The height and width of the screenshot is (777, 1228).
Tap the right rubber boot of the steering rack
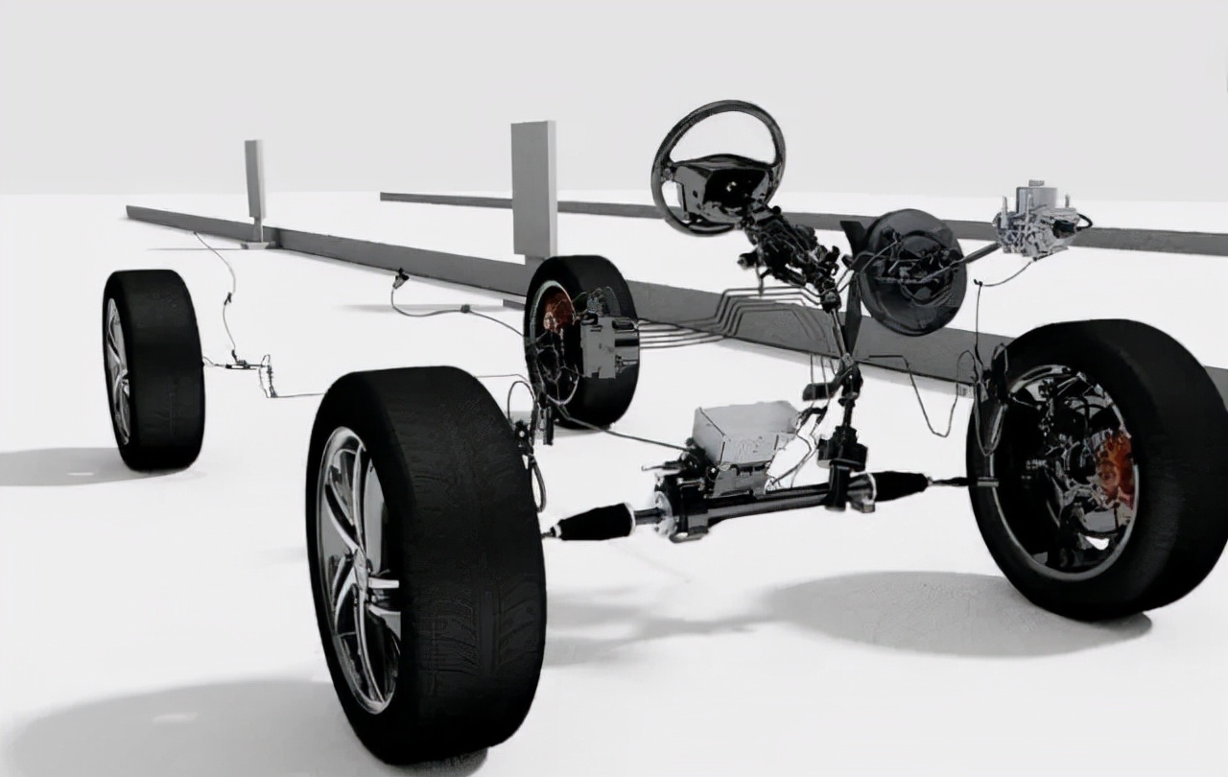897,485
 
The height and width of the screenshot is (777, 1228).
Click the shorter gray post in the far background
255,182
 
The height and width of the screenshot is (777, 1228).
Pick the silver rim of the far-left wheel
118,370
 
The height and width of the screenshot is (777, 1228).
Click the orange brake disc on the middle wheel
558,313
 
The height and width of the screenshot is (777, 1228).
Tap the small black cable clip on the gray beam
400,278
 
